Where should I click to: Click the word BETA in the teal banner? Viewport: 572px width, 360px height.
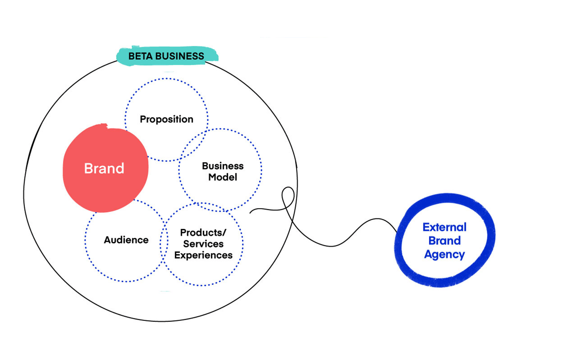tap(140, 56)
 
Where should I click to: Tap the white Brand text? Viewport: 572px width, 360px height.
tap(104, 169)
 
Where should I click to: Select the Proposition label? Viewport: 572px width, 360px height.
tap(166, 120)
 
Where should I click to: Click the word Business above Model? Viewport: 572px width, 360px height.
tap(223, 166)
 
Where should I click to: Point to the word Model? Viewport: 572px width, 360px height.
tap(223, 177)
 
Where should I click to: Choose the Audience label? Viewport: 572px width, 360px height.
tap(126, 240)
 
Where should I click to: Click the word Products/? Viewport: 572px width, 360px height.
tap(203, 233)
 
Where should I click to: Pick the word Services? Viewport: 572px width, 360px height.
tap(203, 244)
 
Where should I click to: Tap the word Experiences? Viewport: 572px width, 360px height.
tap(203, 255)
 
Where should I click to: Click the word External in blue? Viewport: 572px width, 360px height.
tap(445, 227)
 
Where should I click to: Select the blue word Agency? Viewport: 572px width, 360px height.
tap(445, 255)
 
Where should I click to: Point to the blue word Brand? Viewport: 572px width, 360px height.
tap(445, 241)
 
